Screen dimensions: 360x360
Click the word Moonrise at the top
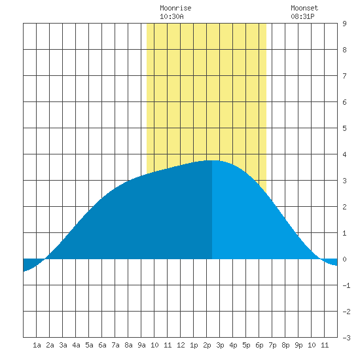175,8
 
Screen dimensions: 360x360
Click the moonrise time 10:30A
171,16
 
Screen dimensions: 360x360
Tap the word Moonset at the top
304,8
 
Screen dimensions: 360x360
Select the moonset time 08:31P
302,16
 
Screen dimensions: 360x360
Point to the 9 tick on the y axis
344,24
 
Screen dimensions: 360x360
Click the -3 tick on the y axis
346,338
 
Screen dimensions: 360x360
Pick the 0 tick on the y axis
344,259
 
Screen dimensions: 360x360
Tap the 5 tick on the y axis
344,128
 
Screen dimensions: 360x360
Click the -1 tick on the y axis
346,285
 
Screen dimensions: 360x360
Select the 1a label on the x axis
37,345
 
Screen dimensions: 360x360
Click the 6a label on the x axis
102,345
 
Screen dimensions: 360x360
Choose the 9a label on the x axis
141,345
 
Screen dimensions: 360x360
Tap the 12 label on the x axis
181,345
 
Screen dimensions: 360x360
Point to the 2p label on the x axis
207,345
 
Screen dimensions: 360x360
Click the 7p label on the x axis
272,345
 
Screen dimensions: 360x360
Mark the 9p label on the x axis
298,345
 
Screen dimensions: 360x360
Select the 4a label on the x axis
76,345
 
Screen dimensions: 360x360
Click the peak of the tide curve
212,160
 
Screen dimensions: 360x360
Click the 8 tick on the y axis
344,50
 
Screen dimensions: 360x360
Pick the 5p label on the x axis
246,345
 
